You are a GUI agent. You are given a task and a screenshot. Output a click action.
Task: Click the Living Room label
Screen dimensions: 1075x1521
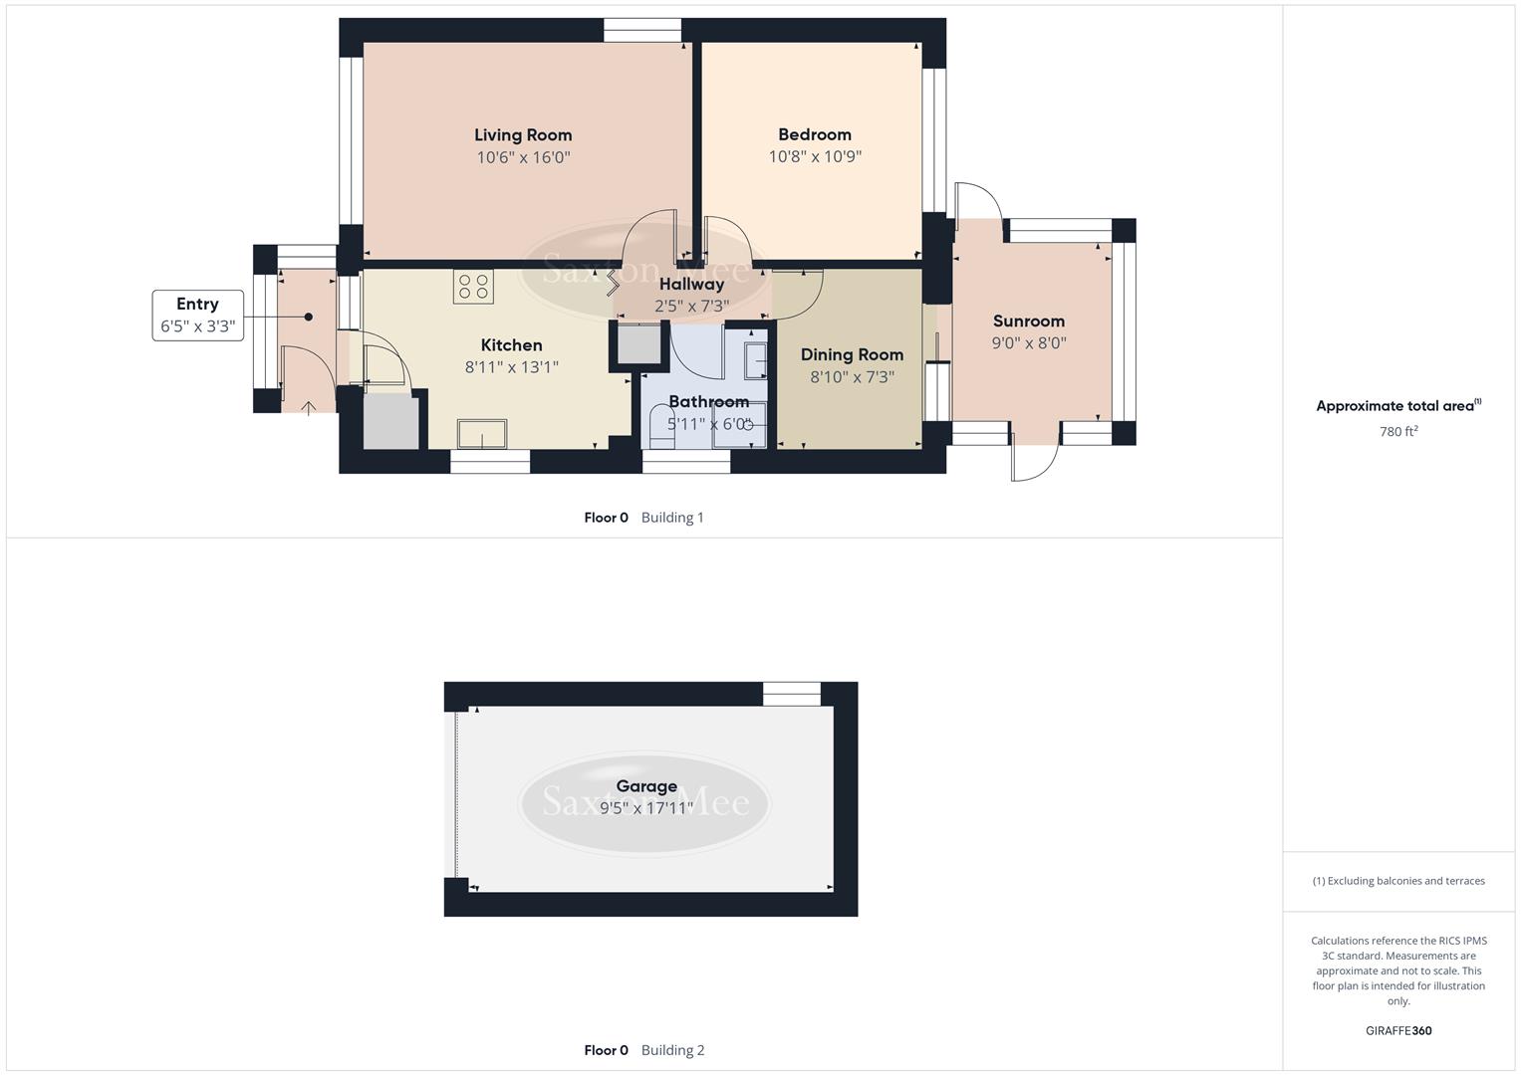(x=523, y=135)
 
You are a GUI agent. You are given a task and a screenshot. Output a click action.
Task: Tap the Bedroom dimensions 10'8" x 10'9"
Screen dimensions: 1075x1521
(x=815, y=156)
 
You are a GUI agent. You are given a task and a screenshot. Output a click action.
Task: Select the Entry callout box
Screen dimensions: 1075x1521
(x=197, y=315)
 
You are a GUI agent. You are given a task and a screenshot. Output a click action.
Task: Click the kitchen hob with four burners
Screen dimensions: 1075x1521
(x=473, y=287)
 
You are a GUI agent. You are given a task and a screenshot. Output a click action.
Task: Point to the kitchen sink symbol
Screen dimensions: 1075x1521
(x=481, y=434)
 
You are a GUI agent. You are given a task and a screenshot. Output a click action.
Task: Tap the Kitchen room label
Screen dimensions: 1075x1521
(x=511, y=345)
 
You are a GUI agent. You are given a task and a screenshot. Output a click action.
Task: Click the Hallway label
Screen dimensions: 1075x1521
(x=691, y=285)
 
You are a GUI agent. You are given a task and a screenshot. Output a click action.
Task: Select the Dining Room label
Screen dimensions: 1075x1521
(x=852, y=354)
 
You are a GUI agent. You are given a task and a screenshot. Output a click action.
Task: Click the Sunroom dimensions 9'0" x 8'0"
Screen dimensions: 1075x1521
(x=1029, y=342)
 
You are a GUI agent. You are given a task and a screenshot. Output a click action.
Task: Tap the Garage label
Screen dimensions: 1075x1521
(x=646, y=786)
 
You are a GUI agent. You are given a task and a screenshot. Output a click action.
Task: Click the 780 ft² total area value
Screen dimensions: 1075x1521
(x=1398, y=432)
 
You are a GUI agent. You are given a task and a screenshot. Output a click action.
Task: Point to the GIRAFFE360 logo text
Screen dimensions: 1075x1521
(x=1398, y=1030)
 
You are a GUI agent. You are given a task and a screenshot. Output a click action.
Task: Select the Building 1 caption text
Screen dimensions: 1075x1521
(x=672, y=518)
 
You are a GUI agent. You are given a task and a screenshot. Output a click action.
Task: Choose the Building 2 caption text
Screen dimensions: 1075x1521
(x=672, y=1050)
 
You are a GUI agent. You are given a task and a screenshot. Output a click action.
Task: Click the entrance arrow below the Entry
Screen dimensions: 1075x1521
(x=309, y=407)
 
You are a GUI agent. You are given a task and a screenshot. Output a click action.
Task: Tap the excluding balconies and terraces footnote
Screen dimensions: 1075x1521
(x=1398, y=881)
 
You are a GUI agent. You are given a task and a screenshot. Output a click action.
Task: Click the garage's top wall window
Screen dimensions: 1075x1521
(x=792, y=694)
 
